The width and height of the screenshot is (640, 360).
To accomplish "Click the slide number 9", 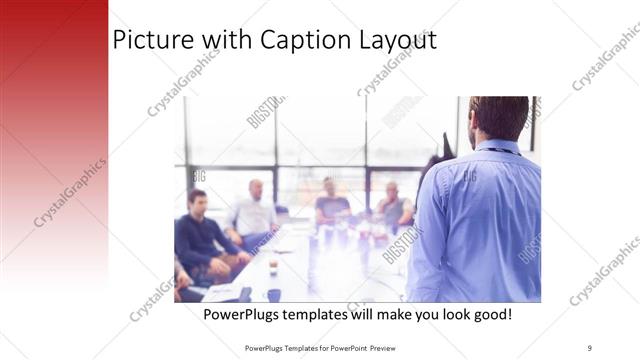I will (591, 348).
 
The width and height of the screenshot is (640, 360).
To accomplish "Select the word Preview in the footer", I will (392, 348).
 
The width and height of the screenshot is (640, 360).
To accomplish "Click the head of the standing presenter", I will (497, 118).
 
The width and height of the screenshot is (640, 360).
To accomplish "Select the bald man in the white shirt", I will (256, 210).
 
